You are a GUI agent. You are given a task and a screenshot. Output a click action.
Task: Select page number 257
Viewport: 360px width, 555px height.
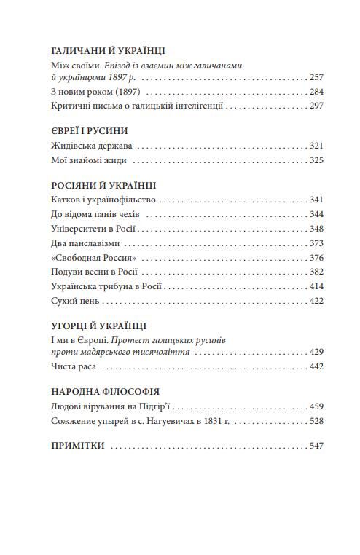pos(315,76)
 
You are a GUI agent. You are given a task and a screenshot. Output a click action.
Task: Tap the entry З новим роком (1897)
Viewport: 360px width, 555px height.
pos(96,92)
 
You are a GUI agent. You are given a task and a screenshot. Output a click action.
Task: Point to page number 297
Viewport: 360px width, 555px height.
pos(315,106)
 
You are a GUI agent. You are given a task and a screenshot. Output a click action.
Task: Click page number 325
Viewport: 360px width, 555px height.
pos(315,160)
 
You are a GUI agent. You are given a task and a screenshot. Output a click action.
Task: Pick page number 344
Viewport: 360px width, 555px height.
pos(315,214)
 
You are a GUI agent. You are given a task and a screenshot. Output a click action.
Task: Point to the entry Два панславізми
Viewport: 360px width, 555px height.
pos(86,243)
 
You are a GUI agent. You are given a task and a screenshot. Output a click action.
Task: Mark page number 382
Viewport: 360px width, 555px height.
pos(315,272)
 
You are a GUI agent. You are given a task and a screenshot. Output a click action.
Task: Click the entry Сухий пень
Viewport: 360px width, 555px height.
pos(75,300)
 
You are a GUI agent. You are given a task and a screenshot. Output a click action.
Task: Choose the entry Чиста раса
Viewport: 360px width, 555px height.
pos(75,366)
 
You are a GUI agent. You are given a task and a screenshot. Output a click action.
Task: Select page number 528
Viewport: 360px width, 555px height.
pos(315,421)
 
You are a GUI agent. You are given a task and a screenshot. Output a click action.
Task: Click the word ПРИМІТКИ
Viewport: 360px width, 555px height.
pos(78,446)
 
